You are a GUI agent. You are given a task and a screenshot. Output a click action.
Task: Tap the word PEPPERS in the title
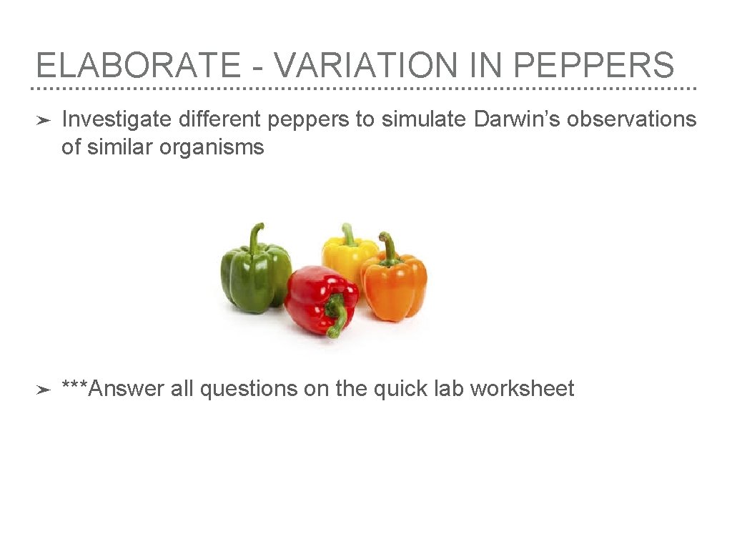point(593,66)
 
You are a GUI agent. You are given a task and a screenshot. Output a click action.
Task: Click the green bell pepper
point(254,277)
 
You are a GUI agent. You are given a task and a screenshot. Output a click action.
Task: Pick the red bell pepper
point(317,296)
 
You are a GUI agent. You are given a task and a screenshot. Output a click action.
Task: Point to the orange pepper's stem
point(388,247)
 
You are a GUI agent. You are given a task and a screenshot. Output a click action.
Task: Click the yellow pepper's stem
point(349,234)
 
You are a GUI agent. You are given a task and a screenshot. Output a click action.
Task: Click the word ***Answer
point(113,389)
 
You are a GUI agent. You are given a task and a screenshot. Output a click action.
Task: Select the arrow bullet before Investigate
point(43,120)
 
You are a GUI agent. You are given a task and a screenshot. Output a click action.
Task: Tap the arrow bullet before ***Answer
point(43,390)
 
